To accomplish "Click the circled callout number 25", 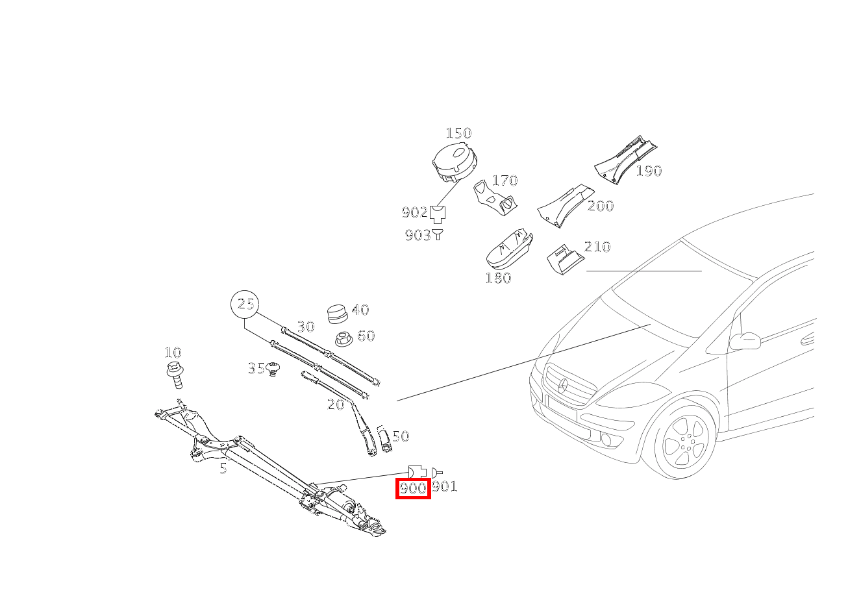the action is [245, 304].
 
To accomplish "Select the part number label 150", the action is [458, 133].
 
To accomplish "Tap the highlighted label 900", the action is [413, 488].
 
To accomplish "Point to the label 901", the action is [445, 487].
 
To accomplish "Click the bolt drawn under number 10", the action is [175, 374].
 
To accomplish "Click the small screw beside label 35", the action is [273, 369].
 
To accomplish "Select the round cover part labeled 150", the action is [455, 162].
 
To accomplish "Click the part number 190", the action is [649, 171].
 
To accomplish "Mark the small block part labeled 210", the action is [565, 260].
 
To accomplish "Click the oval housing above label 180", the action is [508, 249].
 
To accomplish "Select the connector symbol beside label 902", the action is [438, 214].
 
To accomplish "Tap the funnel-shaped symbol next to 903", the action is [438, 234].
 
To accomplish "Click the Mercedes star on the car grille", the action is [563, 386].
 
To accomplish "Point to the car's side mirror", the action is [745, 342].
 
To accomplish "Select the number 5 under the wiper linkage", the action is [223, 468].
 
